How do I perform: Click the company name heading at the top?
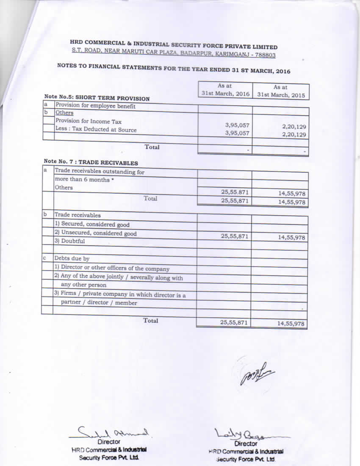click(174, 45)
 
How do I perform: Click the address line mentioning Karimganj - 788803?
click(174, 54)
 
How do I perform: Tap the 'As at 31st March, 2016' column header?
click(225, 90)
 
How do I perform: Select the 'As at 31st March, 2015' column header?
click(281, 91)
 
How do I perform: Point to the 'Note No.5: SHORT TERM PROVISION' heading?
click(97, 98)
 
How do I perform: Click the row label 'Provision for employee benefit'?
click(95, 106)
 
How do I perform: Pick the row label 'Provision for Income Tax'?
click(89, 121)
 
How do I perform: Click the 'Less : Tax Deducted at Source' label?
click(96, 130)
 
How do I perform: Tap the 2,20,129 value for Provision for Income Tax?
click(294, 127)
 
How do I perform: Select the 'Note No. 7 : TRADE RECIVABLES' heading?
click(91, 162)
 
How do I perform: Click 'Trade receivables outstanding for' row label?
click(100, 172)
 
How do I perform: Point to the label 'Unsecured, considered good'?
click(95, 233)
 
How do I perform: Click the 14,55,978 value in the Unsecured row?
click(291, 238)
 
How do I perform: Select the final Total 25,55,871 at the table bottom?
click(234, 322)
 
